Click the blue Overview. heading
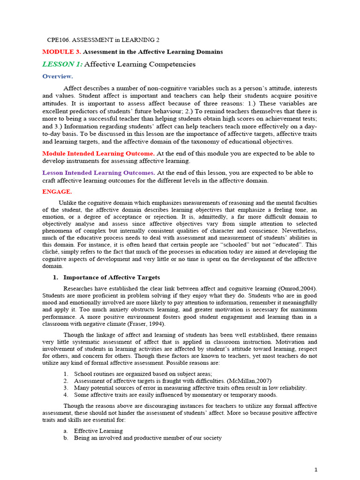pyautogui.click(x=58, y=76)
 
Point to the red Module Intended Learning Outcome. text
pyautogui.click(x=98, y=153)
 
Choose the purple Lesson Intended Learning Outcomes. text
pyautogui.click(x=98, y=173)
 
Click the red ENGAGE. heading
pyautogui.click(x=57, y=192)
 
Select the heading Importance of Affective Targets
pyautogui.click(x=112, y=277)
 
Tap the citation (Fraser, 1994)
pyautogui.click(x=153, y=324)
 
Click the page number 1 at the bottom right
pyautogui.click(x=316, y=469)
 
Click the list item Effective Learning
pyautogui.click(x=98, y=431)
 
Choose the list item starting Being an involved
pyautogui.click(x=148, y=438)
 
